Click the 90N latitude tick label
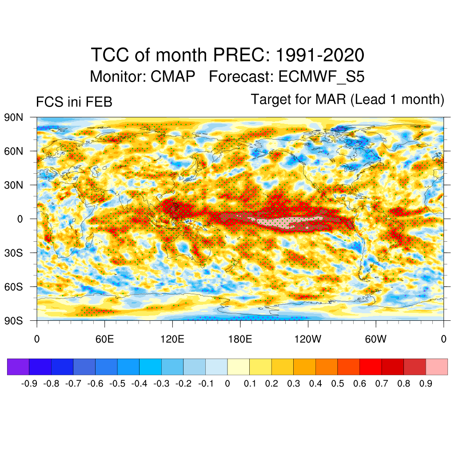[13, 118]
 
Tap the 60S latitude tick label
[13, 287]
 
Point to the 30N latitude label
[13, 185]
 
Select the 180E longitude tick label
[240, 339]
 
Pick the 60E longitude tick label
[104, 339]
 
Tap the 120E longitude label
[172, 339]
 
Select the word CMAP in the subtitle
[173, 76]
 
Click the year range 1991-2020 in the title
[320, 56]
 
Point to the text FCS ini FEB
[74, 102]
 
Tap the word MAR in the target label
[331, 99]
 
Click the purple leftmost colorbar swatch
[18, 367]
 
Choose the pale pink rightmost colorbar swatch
[436, 367]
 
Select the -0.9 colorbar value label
[29, 383]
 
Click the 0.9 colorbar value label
[426, 383]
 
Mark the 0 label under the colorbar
[227, 383]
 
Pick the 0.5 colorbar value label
[338, 383]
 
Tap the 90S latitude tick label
[13, 320]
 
